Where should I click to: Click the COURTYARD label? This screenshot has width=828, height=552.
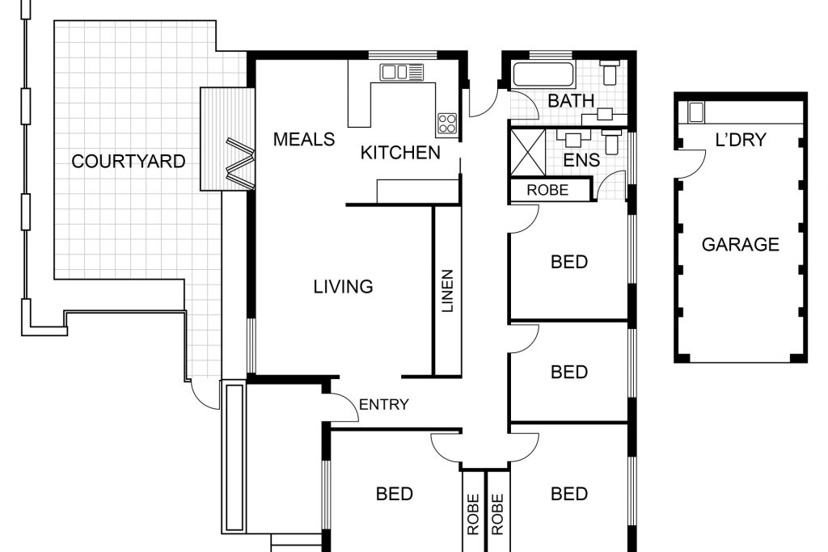pos(129,161)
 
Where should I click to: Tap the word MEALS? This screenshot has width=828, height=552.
pos(304,139)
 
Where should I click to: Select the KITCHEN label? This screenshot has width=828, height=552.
pos(400,153)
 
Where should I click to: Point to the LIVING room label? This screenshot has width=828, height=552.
pos(343,287)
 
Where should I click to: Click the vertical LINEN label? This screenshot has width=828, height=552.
pos(447,291)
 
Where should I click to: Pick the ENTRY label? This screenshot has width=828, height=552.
pos(384,404)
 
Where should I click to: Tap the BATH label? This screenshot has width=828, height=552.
pos(571,100)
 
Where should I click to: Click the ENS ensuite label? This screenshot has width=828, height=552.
pos(581,160)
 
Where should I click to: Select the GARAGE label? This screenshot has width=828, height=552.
pos(741,244)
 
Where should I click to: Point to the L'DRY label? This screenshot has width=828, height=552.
pos(741,140)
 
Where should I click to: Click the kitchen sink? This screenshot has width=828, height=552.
pos(401,72)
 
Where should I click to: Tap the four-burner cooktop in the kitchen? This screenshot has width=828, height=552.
pos(446,124)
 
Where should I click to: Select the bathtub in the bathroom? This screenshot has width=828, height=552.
pos(544,75)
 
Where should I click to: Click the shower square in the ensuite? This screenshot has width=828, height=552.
pos(527,152)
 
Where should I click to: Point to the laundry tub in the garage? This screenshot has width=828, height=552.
pos(695,112)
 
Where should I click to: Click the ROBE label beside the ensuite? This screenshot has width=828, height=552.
pos(547,190)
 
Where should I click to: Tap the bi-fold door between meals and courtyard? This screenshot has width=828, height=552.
pos(240,163)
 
